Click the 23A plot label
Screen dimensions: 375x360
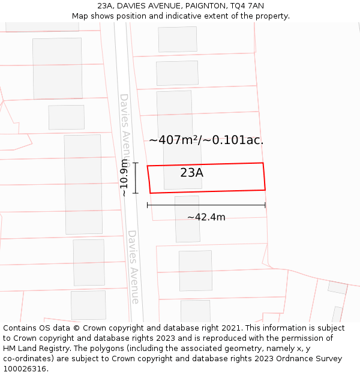pos(191,173)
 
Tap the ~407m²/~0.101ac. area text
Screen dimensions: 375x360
pos(206,140)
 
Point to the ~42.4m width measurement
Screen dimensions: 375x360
pos(206,217)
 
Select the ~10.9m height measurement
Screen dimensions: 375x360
pos(124,178)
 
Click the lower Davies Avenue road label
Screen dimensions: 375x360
pos(133,266)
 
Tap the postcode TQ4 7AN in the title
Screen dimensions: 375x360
pos(247,5)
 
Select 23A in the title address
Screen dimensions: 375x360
pos(106,5)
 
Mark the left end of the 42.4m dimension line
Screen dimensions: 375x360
pos(148,205)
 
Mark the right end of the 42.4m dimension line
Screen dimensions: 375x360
pos(265,205)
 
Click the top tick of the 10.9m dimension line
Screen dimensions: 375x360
pos(136,163)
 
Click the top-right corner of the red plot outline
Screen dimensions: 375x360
pos(263,163)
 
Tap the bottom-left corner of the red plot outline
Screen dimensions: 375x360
pos(150,193)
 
